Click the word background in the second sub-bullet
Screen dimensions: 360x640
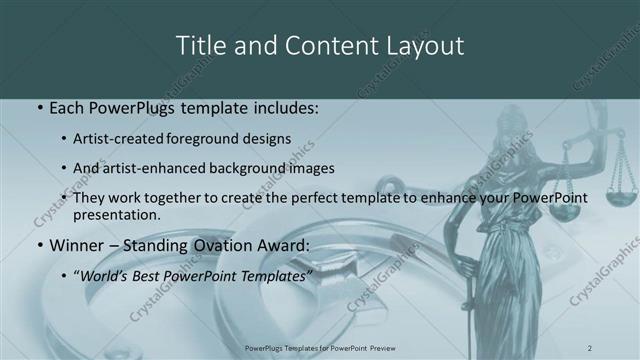248,168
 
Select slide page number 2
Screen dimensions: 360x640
590,347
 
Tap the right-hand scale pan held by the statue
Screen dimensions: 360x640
621,181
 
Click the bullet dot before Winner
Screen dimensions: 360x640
39,244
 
